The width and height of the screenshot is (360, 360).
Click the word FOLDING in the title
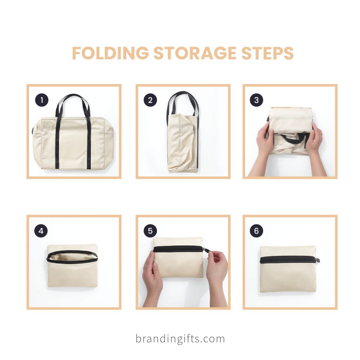[x=110, y=53]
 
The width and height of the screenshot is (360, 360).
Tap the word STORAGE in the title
[x=195, y=53]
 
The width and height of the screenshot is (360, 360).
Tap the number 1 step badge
[x=42, y=100]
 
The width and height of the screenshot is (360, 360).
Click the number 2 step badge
[x=150, y=100]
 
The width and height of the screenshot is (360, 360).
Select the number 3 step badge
[x=256, y=100]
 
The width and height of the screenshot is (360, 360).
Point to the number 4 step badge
[x=41, y=231]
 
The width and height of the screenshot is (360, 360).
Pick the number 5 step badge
[x=150, y=231]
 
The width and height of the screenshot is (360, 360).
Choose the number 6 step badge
[x=256, y=231]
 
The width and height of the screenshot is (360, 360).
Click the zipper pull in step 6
[x=318, y=260]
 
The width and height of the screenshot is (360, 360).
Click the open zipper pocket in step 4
[x=72, y=256]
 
